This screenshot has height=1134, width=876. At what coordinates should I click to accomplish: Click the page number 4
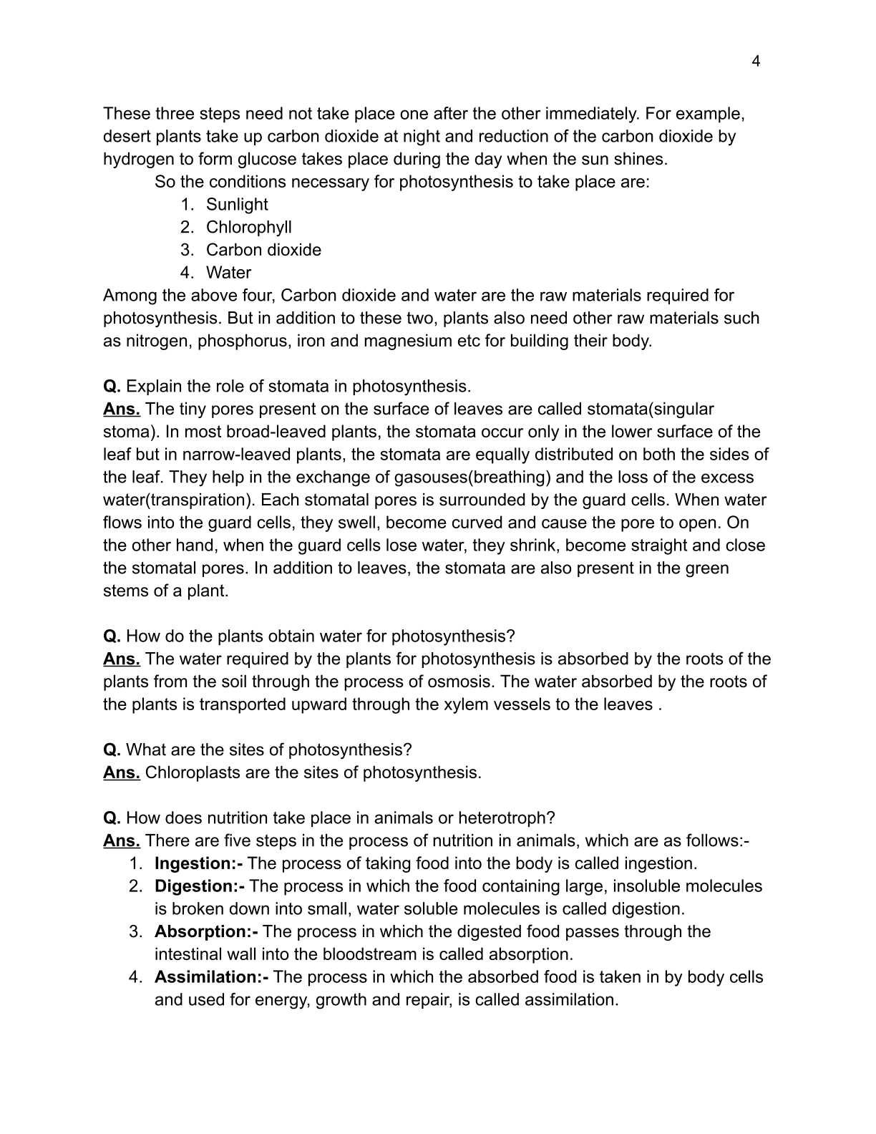tap(756, 62)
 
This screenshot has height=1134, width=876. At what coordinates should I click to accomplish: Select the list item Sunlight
tap(237, 205)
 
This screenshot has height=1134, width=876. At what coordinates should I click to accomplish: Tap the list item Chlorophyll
tap(248, 228)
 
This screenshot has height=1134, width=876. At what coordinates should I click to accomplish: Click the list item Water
tap(228, 273)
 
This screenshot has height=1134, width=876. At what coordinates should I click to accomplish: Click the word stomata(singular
tap(650, 409)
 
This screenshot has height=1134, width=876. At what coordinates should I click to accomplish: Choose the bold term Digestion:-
tap(199, 886)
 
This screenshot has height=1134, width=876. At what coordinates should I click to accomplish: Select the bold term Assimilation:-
tap(211, 977)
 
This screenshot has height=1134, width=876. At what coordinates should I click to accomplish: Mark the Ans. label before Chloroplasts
tap(121, 773)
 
